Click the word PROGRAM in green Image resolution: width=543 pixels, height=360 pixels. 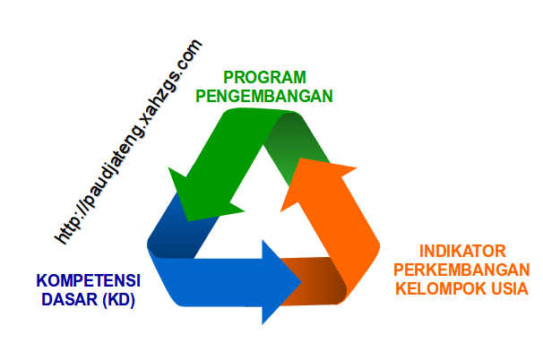tap(263, 77)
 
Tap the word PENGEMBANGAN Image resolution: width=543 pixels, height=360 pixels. tap(264, 95)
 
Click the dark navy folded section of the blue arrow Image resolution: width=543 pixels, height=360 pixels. tap(175, 235)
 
